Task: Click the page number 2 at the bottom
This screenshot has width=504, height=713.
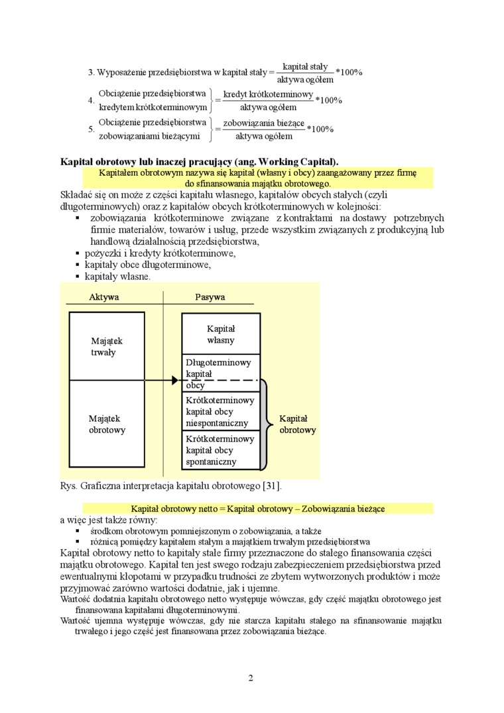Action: [x=251, y=677]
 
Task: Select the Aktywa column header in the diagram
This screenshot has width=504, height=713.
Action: [x=104, y=297]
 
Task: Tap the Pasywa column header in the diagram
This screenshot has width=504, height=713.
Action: [x=210, y=297]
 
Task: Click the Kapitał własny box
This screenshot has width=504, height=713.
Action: [x=221, y=334]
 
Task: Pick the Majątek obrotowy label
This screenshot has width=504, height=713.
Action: [x=107, y=424]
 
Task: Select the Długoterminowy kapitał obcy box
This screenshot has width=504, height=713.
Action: [x=220, y=373]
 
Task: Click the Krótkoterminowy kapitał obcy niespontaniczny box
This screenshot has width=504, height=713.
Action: [x=220, y=411]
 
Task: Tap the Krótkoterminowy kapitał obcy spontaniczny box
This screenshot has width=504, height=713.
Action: [x=220, y=450]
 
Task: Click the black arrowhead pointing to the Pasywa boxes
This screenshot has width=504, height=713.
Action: [x=175, y=380]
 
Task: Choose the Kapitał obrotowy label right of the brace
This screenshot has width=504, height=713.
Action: [x=297, y=424]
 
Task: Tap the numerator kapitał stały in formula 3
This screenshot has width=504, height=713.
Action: [x=305, y=66]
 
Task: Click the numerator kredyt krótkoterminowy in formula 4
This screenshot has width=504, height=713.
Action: [x=268, y=94]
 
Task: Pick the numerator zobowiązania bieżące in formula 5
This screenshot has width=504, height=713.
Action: [x=263, y=123]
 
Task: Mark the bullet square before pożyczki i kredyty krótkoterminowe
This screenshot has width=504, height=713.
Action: [x=77, y=253]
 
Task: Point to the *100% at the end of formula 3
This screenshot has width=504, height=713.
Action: [x=349, y=72]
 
